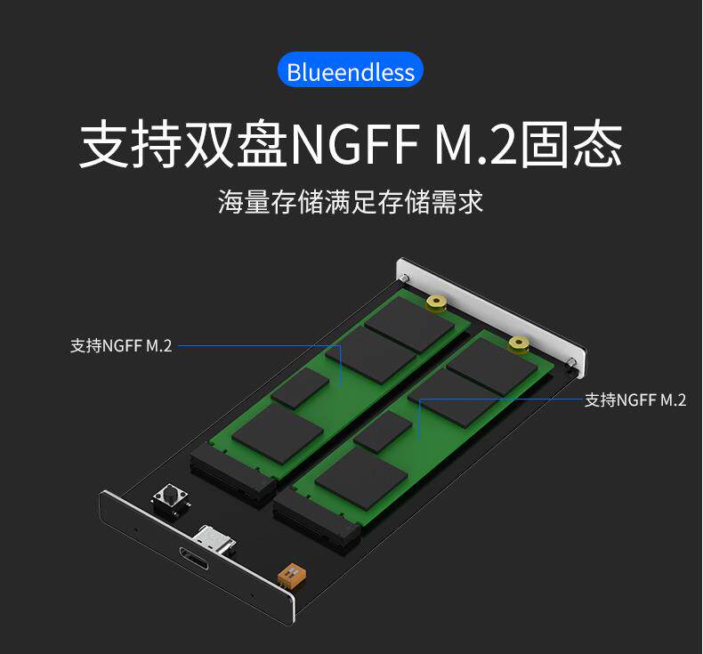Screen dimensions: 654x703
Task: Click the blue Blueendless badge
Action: [351, 71]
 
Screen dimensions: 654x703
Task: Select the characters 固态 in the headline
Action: [570, 144]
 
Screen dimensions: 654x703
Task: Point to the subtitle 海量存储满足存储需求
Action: [351, 200]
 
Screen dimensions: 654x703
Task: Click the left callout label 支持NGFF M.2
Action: [121, 345]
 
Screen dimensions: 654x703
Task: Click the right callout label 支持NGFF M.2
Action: [634, 400]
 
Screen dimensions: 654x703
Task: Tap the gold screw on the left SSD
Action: [436, 303]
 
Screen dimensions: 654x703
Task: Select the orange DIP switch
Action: [288, 573]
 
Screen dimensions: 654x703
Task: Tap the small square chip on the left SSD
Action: [299, 389]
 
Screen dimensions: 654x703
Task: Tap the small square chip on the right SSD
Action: [383, 431]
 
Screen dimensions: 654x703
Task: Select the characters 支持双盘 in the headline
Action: [184, 144]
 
